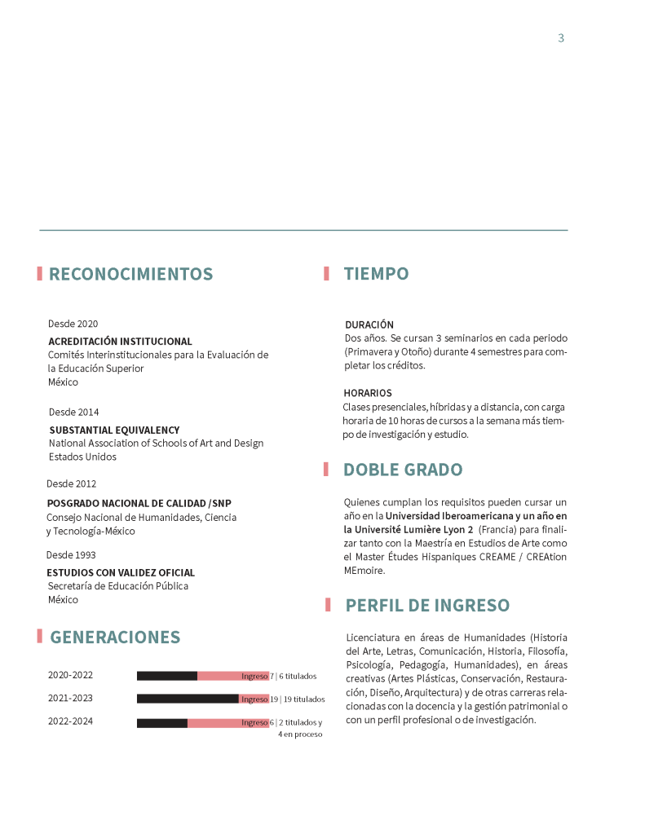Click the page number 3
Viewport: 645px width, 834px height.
click(x=561, y=38)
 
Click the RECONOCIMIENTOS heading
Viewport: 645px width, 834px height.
click(x=130, y=275)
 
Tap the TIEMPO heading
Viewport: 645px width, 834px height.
click(x=376, y=275)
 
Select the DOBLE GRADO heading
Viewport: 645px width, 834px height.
click(x=402, y=470)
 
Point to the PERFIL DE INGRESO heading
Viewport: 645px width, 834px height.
click(x=427, y=606)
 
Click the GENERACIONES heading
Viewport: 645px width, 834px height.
click(x=115, y=638)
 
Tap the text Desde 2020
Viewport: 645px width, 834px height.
click(x=73, y=324)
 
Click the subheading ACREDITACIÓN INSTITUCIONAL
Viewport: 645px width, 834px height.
click(x=120, y=342)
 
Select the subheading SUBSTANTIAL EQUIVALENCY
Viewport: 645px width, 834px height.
click(x=114, y=430)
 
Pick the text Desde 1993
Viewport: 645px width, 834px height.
click(x=71, y=555)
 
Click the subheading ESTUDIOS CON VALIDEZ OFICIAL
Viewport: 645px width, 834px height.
click(x=121, y=572)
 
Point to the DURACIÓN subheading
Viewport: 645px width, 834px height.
click(x=369, y=324)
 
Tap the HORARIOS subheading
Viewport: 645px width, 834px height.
click(x=367, y=393)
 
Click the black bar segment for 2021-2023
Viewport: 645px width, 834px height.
click(x=188, y=699)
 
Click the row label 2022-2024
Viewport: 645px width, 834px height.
click(x=70, y=721)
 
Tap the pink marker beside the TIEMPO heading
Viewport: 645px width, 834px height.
click(x=326, y=274)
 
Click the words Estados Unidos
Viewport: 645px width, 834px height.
click(x=82, y=457)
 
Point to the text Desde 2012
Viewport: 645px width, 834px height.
click(x=71, y=483)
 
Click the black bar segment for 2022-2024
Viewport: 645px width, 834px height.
click(x=162, y=723)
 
